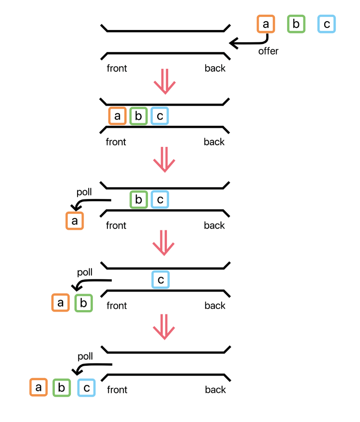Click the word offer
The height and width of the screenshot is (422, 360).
tap(269, 51)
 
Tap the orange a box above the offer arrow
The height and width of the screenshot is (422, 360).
tap(266, 24)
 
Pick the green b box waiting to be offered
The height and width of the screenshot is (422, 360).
tap(296, 24)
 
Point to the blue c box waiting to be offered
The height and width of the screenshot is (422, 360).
tap(327, 24)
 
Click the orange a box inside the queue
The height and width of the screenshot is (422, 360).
tap(117, 116)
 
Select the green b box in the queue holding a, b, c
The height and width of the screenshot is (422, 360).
tap(138, 116)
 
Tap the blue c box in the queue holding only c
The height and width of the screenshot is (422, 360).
tap(160, 280)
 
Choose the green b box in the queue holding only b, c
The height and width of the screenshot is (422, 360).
tap(139, 200)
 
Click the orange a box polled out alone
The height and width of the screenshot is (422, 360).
tap(75, 221)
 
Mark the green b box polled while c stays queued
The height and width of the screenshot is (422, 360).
tap(83, 303)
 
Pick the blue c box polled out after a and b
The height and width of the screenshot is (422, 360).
tap(86, 387)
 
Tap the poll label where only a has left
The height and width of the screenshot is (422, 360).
tap(84, 192)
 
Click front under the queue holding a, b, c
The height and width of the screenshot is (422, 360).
tap(116, 142)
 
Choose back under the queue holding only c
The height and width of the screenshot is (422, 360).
tap(215, 306)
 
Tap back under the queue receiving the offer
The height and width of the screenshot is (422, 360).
tap(215, 68)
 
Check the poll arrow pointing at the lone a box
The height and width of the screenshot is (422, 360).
tap(90, 203)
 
